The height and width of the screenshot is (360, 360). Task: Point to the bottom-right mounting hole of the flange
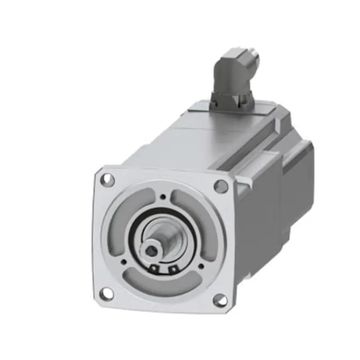coord(220,300)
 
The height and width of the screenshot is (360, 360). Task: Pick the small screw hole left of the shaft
coord(124,260)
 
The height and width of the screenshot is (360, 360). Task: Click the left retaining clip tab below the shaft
coord(154,268)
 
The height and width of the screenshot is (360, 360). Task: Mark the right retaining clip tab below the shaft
coord(172,270)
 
